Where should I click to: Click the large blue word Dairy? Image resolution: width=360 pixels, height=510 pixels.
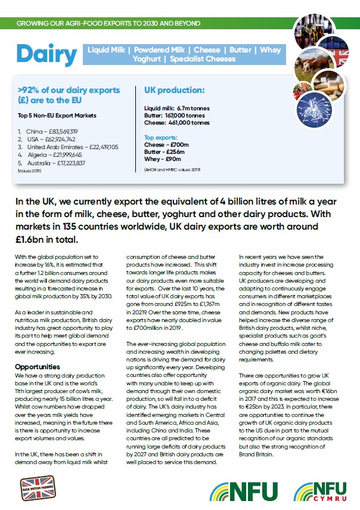tap(46, 54)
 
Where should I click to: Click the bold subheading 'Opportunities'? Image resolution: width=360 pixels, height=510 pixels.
tap(37, 366)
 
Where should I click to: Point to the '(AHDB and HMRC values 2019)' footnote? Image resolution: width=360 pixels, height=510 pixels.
tap(172, 170)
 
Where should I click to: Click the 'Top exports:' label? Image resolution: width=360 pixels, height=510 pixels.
tap(162, 137)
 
